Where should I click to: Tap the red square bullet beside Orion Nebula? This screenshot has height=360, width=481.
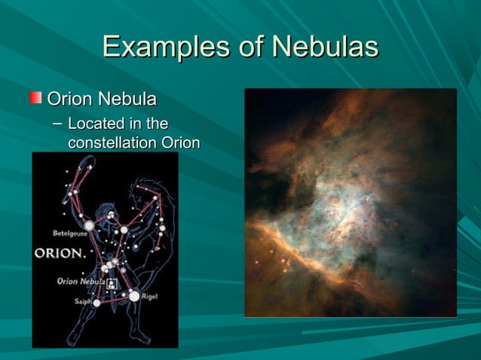36,98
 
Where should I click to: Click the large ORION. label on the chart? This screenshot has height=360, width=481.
60,253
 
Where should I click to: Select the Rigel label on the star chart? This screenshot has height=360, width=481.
149,297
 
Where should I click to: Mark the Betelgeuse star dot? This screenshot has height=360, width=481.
90,224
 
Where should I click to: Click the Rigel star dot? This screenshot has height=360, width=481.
134,296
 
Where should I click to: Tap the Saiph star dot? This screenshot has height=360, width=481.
97,303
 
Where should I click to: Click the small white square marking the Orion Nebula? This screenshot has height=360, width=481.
112,284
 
